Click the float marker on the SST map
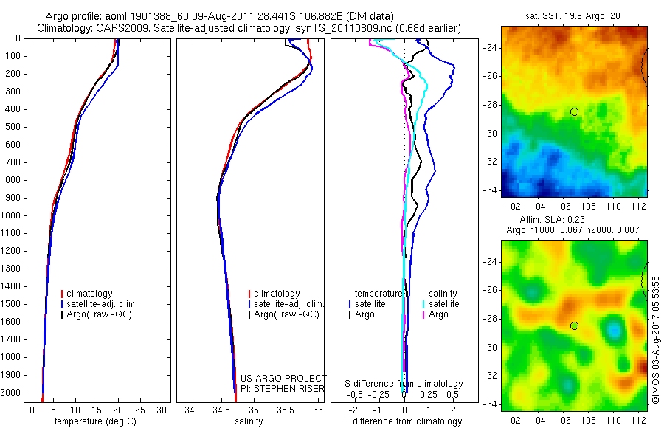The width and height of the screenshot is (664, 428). coord(574,111)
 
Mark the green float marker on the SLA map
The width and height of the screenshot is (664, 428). coord(574,325)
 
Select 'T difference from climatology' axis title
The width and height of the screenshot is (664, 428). coord(404,421)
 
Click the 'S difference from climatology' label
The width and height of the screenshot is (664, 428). coord(404,384)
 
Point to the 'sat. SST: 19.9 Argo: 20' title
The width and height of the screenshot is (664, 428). coord(573,15)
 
